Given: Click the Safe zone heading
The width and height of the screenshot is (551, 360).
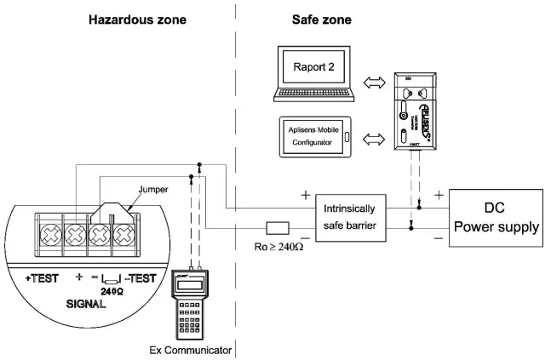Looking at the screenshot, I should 321,18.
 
